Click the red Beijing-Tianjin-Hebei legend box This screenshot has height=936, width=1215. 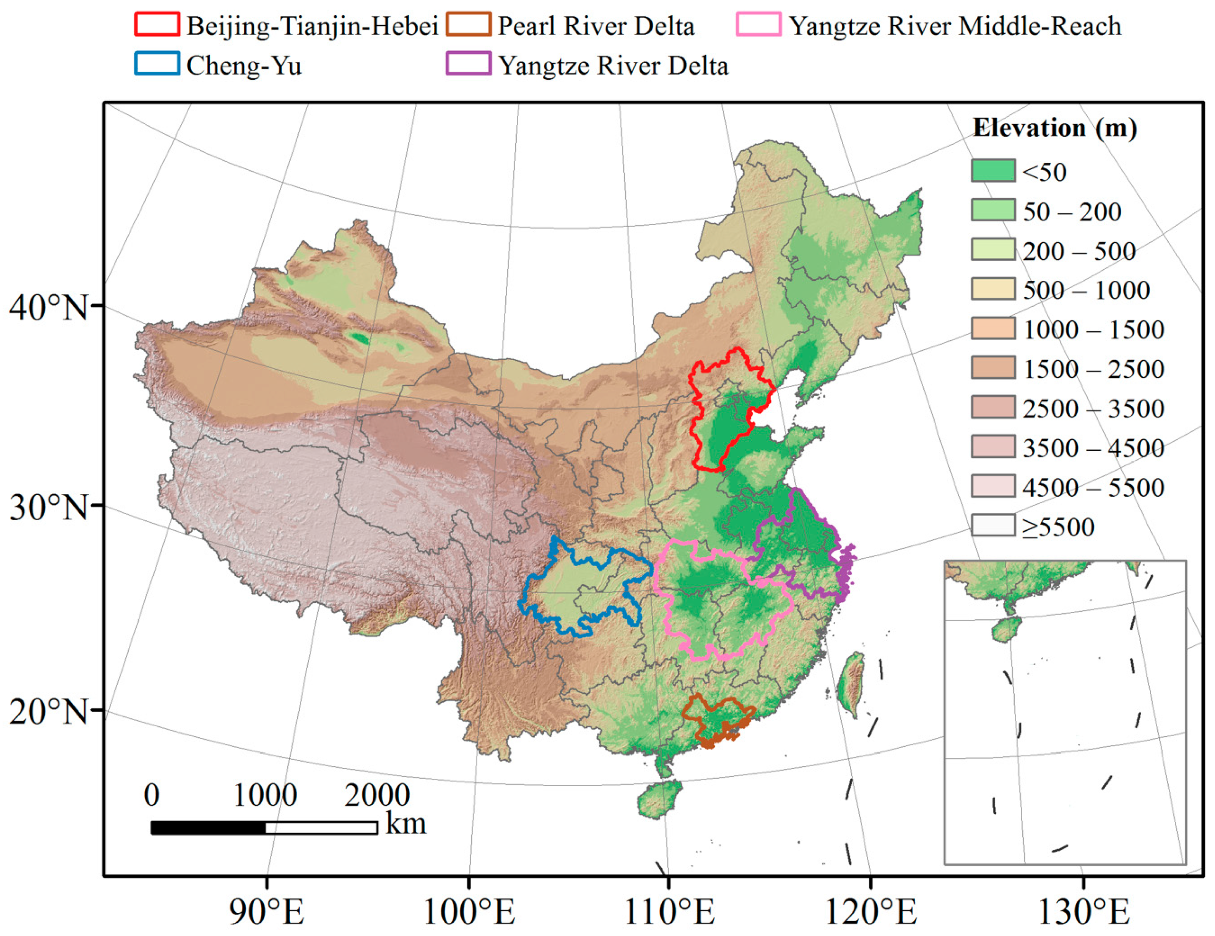coord(157,24)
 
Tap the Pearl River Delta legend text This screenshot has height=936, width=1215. coord(595,26)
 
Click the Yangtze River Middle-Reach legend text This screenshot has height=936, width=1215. coord(954,26)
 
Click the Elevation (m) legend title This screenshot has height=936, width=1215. coord(1054,128)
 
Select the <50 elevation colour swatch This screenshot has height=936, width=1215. coord(993,171)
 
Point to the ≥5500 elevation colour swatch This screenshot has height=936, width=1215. coord(993,525)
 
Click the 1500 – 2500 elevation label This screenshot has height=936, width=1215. coord(1093,369)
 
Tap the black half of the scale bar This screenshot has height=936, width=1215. coord(208,827)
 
